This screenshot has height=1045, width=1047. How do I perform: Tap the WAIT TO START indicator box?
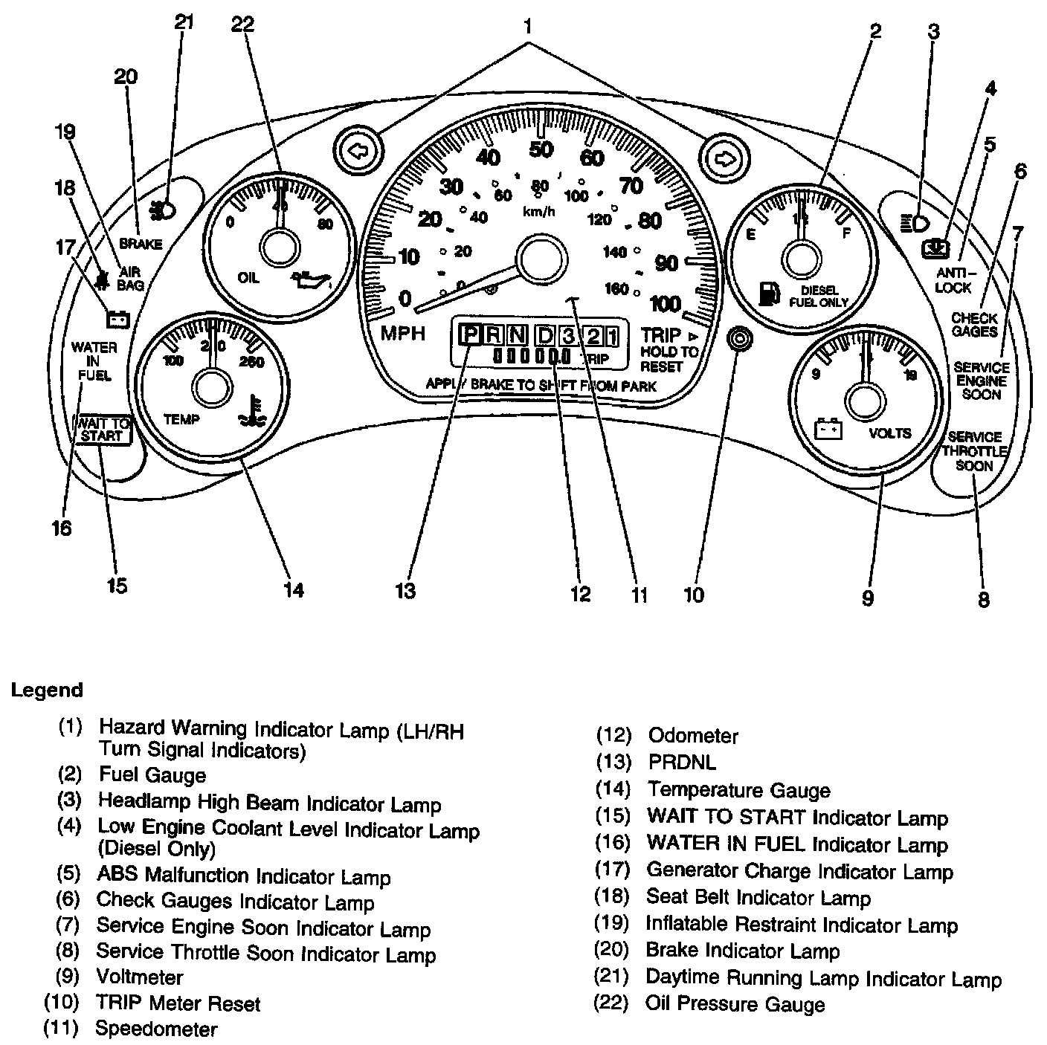point(102,430)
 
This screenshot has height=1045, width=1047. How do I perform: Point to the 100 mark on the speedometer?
point(666,303)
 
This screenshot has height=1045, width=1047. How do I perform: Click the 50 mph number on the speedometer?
point(541,149)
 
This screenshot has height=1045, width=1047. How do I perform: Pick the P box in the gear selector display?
point(470,336)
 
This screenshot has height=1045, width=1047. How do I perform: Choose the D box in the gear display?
point(545,336)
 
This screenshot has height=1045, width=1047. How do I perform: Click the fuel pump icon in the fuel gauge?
point(768,294)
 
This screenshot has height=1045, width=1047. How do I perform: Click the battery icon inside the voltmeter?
point(828,430)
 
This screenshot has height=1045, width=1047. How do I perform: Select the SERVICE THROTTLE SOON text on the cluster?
point(974,451)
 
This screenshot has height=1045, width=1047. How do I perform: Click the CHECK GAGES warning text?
point(974,325)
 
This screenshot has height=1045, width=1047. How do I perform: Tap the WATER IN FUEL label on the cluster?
point(94,361)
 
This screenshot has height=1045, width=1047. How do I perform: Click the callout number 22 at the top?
point(242,25)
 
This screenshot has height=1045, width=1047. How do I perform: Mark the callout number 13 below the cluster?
point(405,591)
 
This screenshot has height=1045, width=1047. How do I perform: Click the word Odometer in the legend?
point(693,736)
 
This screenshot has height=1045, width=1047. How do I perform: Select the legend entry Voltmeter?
point(139,977)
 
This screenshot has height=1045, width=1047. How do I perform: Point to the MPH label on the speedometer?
point(403,334)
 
